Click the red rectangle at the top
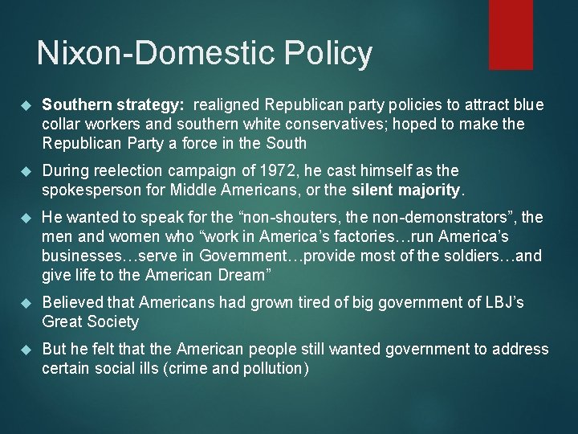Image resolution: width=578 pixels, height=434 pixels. pos(511,34)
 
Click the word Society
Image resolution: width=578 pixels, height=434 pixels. pos(113,322)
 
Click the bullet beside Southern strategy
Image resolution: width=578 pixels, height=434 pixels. pos(23,105)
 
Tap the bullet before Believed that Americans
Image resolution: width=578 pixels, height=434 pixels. pos(23,303)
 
